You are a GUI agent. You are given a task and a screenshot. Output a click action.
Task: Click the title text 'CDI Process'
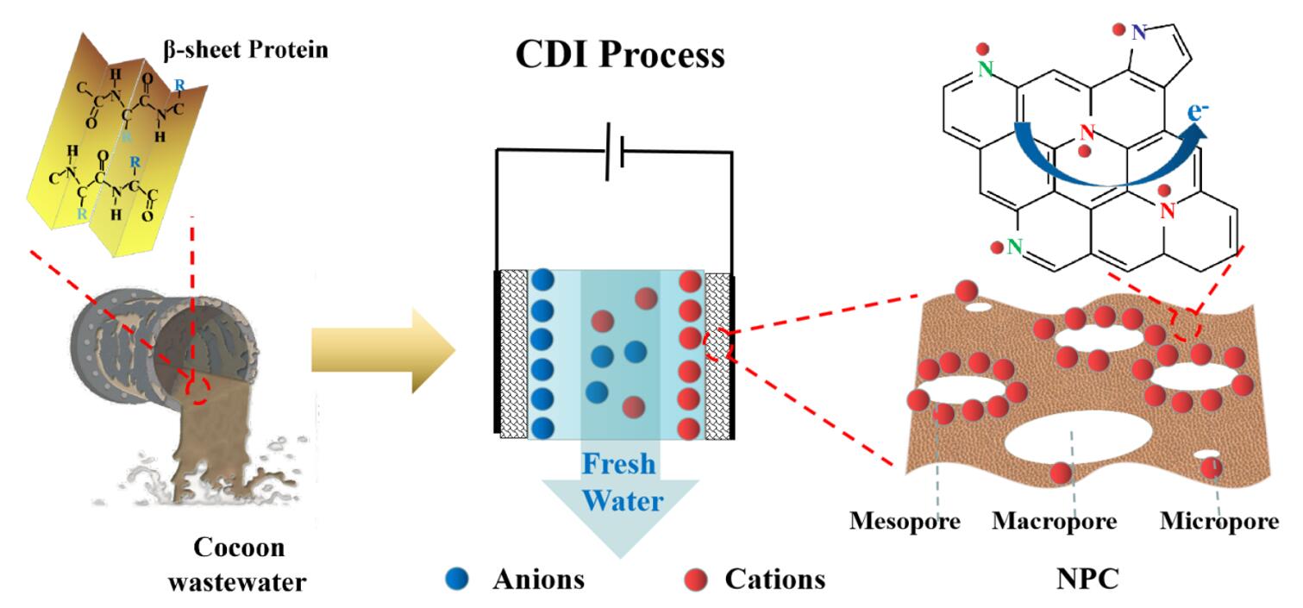(x=619, y=54)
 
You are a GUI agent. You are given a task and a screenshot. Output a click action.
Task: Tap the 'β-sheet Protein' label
(x=246, y=49)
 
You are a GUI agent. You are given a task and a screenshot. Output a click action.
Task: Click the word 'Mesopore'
(x=905, y=521)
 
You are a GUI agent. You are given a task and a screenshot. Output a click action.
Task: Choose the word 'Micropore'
(x=1218, y=521)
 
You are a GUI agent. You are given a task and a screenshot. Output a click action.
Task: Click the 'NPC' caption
(x=1087, y=579)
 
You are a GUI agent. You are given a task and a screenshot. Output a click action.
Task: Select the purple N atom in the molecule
(x=1139, y=33)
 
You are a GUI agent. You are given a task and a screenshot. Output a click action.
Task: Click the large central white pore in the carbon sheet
(x=1069, y=440)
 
